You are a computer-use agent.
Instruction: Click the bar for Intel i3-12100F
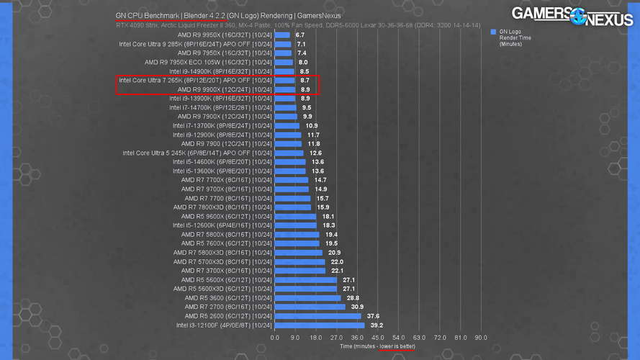click(x=320, y=325)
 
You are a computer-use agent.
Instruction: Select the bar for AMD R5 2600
click(x=318, y=316)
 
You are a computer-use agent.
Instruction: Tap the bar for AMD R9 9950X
click(x=282, y=35)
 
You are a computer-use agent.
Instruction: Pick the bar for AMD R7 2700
click(x=310, y=307)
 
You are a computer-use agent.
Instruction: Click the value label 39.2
click(x=377, y=325)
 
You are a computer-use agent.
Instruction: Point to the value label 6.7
click(x=300, y=35)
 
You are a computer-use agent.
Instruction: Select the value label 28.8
click(x=353, y=298)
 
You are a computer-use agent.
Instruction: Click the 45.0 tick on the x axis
click(x=377, y=338)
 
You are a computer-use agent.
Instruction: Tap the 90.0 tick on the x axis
click(x=481, y=338)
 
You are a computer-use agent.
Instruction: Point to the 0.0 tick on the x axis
click(x=275, y=338)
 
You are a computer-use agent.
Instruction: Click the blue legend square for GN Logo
click(x=493, y=32)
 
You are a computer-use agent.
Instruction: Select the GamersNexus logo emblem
click(x=578, y=17)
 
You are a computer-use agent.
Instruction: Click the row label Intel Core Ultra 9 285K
click(x=195, y=44)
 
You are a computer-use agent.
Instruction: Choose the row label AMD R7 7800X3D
click(x=222, y=207)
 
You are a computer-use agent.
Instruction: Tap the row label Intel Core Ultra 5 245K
click(x=197, y=153)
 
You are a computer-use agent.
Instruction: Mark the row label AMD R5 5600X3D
click(x=222, y=289)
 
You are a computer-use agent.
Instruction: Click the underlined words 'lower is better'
click(x=397, y=346)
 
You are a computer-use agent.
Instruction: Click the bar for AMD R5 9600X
click(x=295, y=216)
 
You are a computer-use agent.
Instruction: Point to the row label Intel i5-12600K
click(x=222, y=225)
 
